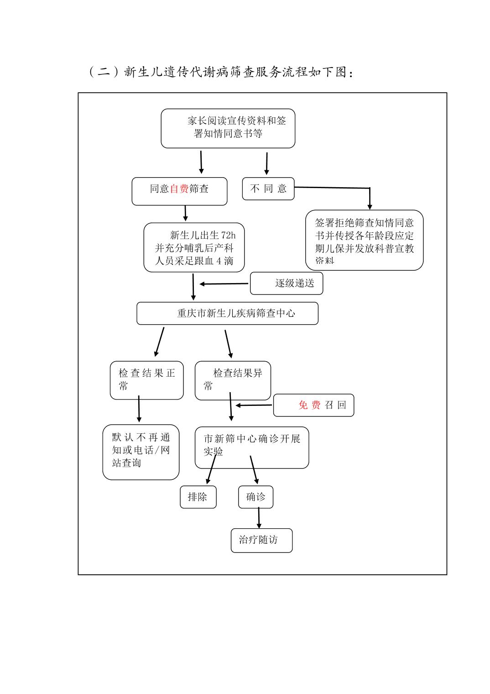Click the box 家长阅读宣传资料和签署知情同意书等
(x=228, y=128)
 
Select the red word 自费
(x=179, y=189)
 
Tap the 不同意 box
(x=268, y=189)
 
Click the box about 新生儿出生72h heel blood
(x=194, y=248)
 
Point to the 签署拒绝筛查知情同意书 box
(x=364, y=240)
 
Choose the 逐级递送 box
(x=287, y=284)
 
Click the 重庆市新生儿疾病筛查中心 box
(x=227, y=313)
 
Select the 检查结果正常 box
(x=146, y=380)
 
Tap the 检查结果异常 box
(x=233, y=380)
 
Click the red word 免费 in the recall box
(x=309, y=405)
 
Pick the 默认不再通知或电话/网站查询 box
(x=141, y=452)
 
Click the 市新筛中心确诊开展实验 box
(x=252, y=447)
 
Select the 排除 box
(x=198, y=497)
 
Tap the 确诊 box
(x=255, y=497)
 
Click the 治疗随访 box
(x=261, y=540)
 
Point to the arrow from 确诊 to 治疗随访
(x=259, y=518)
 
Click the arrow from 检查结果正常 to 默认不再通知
(x=139, y=410)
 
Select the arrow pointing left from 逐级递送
(x=224, y=284)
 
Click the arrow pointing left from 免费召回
(x=254, y=405)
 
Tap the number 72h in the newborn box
(x=228, y=235)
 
